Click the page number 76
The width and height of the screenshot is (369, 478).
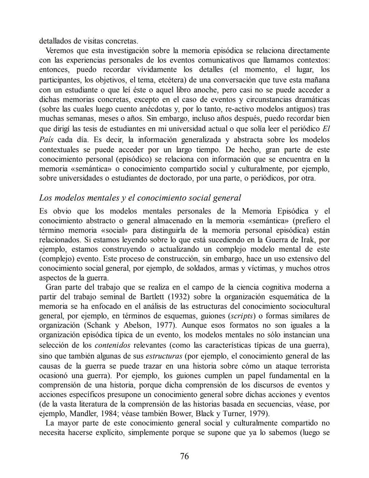[184, 456]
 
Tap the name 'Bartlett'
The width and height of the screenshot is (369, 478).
[152, 297]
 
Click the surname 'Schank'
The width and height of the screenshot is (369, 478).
[96, 325]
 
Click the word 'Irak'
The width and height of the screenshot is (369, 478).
[309, 240]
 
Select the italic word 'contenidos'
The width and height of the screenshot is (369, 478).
[112, 345]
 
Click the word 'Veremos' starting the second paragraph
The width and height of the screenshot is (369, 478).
[59, 51]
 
